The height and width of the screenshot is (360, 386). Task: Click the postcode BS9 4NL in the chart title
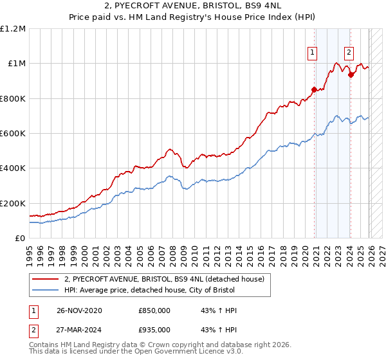(272, 7)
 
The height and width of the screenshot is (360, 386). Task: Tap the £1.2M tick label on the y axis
(13, 29)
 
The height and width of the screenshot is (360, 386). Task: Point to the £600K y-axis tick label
(13, 134)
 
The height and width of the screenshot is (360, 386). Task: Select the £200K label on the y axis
(13, 203)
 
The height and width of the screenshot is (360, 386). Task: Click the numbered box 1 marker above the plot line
(313, 53)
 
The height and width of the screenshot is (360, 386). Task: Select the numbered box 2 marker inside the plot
(349, 53)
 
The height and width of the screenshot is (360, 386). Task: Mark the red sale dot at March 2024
(351, 75)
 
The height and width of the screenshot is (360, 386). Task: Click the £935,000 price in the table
(154, 330)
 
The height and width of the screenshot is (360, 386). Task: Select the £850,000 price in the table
(154, 310)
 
